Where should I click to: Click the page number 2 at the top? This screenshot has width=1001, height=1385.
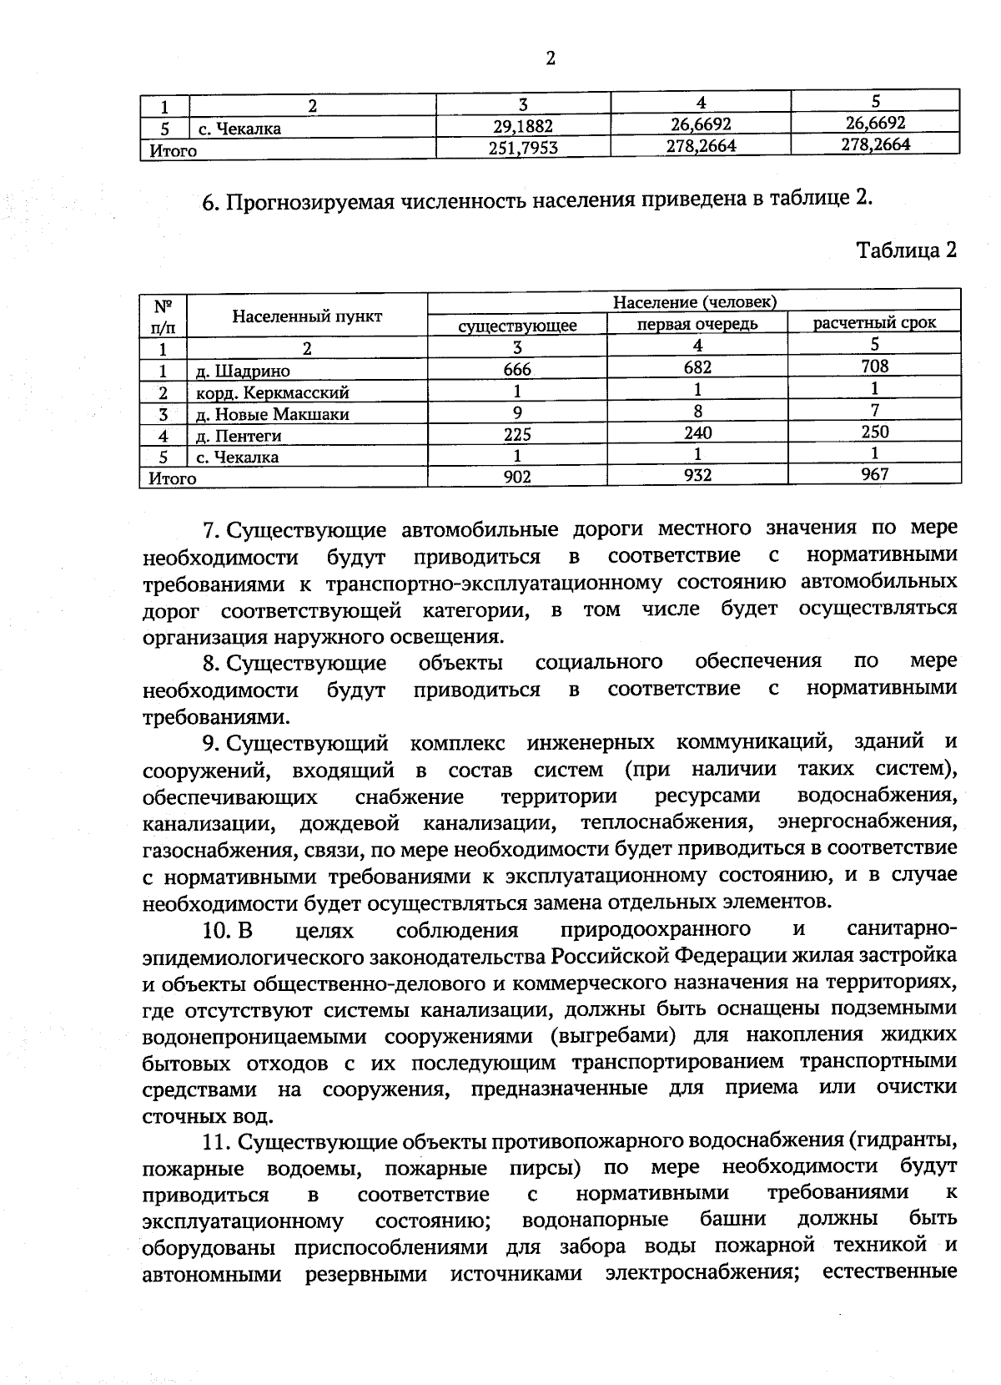tap(550, 58)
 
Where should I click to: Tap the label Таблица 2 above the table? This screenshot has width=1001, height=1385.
tap(907, 250)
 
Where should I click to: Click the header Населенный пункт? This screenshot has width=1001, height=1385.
tap(307, 316)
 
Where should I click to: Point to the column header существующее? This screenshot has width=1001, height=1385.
tap(517, 326)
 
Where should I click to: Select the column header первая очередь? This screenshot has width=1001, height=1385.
tap(697, 324)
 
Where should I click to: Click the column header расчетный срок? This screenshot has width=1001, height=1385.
tap(874, 323)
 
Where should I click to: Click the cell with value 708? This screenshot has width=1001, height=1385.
tap(875, 366)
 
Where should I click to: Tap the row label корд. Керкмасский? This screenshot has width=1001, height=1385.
tap(272, 392)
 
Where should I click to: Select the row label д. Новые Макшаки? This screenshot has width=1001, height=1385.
tap(272, 414)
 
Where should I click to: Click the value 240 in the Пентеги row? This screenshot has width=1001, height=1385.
tap(697, 432)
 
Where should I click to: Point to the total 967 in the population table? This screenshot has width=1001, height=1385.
tap(875, 474)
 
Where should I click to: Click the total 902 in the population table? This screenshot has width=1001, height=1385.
tap(517, 478)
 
